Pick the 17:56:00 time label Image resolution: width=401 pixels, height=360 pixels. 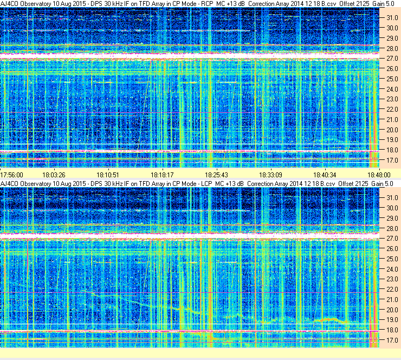pyautogui.click(x=12, y=175)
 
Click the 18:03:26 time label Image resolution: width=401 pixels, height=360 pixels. pyautogui.click(x=54, y=175)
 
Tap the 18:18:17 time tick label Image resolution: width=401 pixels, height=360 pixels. pyautogui.click(x=162, y=175)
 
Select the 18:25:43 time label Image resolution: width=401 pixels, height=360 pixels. pyautogui.click(x=217, y=175)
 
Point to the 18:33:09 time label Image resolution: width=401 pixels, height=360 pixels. pyautogui.click(x=271, y=175)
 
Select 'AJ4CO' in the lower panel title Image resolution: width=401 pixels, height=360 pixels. pyautogui.click(x=10, y=184)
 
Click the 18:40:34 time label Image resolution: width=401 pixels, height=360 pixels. pyautogui.click(x=326, y=175)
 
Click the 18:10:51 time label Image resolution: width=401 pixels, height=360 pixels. pyautogui.click(x=108, y=175)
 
